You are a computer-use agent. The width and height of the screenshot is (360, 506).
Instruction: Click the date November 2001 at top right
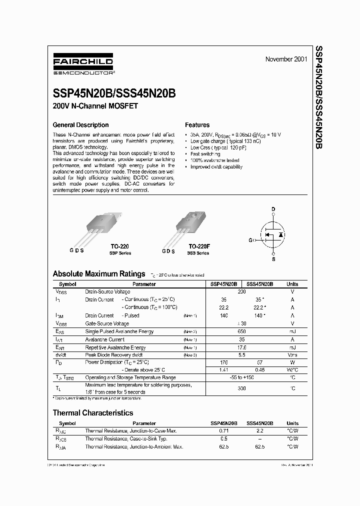pyautogui.click(x=285, y=59)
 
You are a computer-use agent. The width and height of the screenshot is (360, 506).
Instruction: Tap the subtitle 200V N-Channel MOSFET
pyautogui.click(x=95, y=106)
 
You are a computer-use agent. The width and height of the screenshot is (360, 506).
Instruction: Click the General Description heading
pyautogui.click(x=80, y=125)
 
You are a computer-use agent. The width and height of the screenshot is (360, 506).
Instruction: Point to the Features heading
pyautogui.click(x=197, y=125)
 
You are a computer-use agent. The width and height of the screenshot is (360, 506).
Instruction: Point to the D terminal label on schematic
pyautogui.click(x=273, y=209)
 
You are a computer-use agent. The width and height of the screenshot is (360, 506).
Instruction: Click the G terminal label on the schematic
pyautogui.click(x=250, y=240)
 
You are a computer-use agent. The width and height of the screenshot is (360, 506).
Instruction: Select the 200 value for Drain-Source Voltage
pyautogui.click(x=241, y=291)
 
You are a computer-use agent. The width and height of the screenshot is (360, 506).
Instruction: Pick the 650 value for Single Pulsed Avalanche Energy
pyautogui.click(x=241, y=331)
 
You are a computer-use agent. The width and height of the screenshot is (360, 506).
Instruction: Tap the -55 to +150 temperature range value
pyautogui.click(x=241, y=377)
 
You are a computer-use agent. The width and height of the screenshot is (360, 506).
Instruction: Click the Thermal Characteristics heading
pyautogui.click(x=93, y=413)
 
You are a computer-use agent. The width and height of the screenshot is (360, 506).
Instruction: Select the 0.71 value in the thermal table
pyautogui.click(x=223, y=430)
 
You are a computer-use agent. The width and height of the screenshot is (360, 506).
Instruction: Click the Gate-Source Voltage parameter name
pyautogui.click(x=106, y=323)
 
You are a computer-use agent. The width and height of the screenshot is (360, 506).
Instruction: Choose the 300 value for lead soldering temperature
pyautogui.click(x=241, y=388)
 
